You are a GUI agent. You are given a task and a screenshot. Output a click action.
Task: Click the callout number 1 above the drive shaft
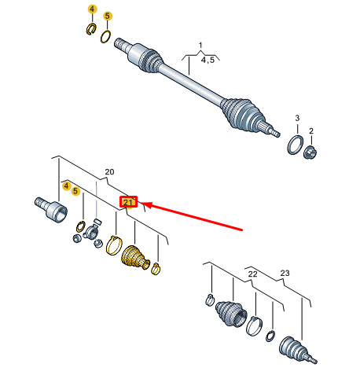tap(200, 46)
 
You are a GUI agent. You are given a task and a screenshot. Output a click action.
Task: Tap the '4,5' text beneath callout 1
tap(208, 60)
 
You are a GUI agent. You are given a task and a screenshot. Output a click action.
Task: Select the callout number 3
tap(297, 118)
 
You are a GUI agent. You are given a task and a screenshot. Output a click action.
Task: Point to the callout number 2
tap(311, 131)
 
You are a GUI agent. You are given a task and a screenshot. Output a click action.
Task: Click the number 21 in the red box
tap(128, 202)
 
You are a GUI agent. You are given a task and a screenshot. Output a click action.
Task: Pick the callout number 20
tap(109, 172)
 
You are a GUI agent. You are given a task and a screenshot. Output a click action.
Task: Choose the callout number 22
tap(252, 274)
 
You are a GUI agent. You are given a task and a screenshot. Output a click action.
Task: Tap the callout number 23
tap(285, 273)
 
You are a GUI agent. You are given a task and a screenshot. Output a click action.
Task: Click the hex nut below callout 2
tap(310, 152)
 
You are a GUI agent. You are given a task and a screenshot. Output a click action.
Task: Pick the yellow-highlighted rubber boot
tap(135, 257)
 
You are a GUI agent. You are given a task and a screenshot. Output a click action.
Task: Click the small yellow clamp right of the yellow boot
tap(156, 269)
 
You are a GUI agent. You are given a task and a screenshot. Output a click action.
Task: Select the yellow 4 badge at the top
tap(92, 9)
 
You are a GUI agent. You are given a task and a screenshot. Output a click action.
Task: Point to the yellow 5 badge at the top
tap(107, 16)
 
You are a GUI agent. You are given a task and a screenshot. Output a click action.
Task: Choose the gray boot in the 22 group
tap(231, 314)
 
